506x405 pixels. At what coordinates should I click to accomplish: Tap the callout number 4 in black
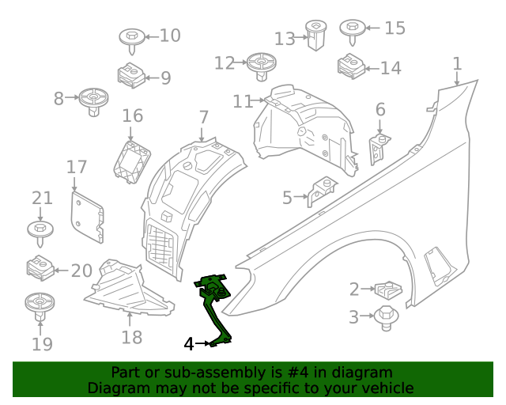tap(188, 344)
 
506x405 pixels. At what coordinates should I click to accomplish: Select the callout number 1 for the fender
tap(456, 63)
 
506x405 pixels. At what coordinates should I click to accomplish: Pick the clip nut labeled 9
tap(130, 77)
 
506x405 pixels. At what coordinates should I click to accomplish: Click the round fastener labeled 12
tap(261, 65)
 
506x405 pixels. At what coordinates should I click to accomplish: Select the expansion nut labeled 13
tap(315, 36)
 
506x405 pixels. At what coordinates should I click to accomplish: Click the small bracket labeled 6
tap(379, 150)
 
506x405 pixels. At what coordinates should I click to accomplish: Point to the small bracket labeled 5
tap(321, 191)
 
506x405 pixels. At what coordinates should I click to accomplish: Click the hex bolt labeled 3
tap(387, 316)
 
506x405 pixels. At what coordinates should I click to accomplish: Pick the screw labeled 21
tap(40, 230)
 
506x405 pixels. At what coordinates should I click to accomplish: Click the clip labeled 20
tap(40, 269)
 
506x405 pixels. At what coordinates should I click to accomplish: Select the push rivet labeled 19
tap(39, 305)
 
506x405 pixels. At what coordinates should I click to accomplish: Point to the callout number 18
tap(132, 338)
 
